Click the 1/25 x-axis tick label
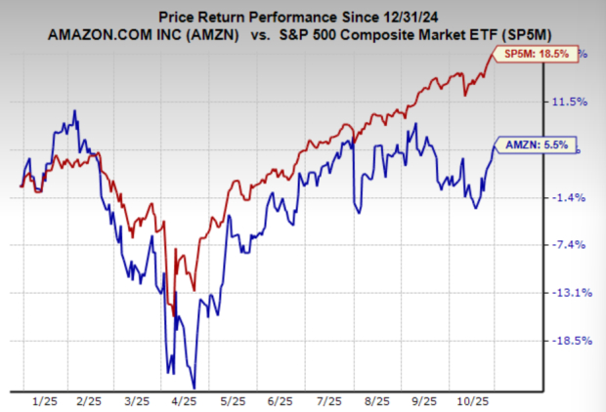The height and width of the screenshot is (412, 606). click(44, 400)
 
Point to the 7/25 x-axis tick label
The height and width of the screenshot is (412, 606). click(328, 400)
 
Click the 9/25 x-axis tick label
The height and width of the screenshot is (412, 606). click(425, 400)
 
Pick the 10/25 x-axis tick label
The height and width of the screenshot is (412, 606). click(476, 400)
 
